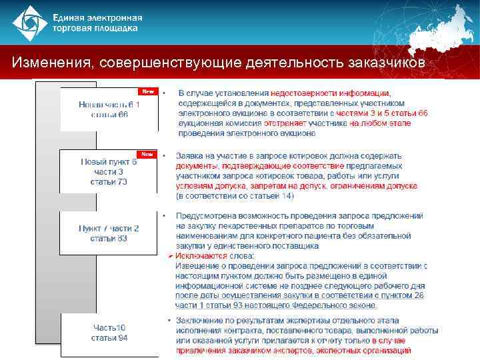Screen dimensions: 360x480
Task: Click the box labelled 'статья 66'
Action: pos(109,109)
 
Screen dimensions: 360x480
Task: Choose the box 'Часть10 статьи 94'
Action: pos(109,332)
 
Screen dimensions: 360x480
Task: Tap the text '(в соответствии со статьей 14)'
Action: pos(234,196)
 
